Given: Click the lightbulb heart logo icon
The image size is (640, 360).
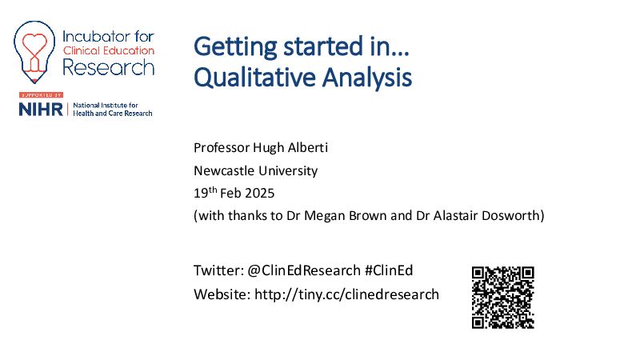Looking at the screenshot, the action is pos(34,52).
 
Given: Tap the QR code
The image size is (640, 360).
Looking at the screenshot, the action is pos(503,298).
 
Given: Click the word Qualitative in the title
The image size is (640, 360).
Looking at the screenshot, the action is pos(254,78).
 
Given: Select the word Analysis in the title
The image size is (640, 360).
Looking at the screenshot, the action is pos(367,78).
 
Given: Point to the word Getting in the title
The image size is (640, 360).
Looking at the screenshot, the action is pos(235,46).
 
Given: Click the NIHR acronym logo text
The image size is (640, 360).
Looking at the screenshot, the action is pos(41,110).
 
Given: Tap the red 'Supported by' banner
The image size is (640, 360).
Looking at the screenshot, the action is pos(41,95).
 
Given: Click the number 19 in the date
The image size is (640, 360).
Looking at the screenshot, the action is pos(201,193).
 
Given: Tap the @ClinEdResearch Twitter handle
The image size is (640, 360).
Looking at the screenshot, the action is pos(304,270).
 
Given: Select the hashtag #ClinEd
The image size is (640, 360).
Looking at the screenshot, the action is pos(389,270).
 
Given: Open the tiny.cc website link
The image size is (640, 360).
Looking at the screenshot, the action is pos(346,294).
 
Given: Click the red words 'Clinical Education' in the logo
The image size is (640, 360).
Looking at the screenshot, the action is pos(109,51).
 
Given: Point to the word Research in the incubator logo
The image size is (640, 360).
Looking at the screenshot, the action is pos(109,67).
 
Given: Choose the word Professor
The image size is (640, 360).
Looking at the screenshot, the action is pos(222,147).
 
